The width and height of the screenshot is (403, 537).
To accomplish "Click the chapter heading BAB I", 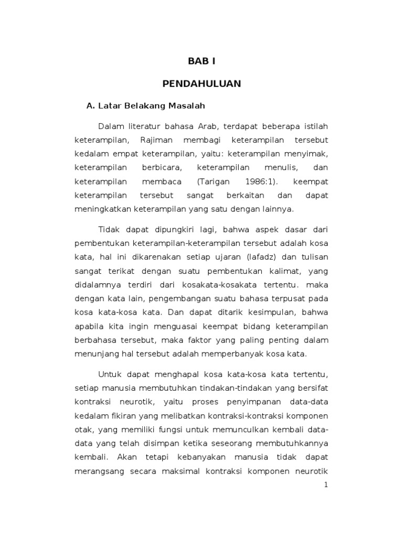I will pyautogui.click(x=201, y=62).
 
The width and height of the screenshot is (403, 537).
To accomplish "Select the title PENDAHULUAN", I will pyautogui.click(x=201, y=84).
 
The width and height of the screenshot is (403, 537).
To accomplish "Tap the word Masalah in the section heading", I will pyautogui.click(x=185, y=106).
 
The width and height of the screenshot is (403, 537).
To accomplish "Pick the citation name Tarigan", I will pyautogui.click(x=215, y=182).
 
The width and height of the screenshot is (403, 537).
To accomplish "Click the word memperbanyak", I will pyautogui.click(x=234, y=354).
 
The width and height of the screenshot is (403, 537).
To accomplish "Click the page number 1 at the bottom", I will pyautogui.click(x=325, y=486).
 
